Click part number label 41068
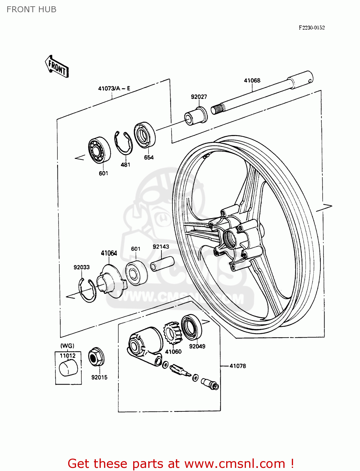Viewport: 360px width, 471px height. click(252, 80)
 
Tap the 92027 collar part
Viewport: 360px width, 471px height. click(196, 115)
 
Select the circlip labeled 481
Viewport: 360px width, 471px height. click(123, 143)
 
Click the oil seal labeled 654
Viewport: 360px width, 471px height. click(145, 135)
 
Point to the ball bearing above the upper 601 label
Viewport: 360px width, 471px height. click(99, 150)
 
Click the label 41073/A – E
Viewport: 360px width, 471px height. click(114, 89)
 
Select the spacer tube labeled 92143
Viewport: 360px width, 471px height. click(162, 263)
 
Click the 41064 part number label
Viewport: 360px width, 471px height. click(109, 253)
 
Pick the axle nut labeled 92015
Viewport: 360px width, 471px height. click(96, 357)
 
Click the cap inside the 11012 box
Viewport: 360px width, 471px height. click(68, 368)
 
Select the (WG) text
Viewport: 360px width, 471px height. click(67, 346)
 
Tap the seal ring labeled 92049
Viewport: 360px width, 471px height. click(191, 327)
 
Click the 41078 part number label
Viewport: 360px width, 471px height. click(237, 366)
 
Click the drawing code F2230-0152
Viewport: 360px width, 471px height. click(312, 28)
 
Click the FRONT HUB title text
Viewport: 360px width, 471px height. click(31, 9)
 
